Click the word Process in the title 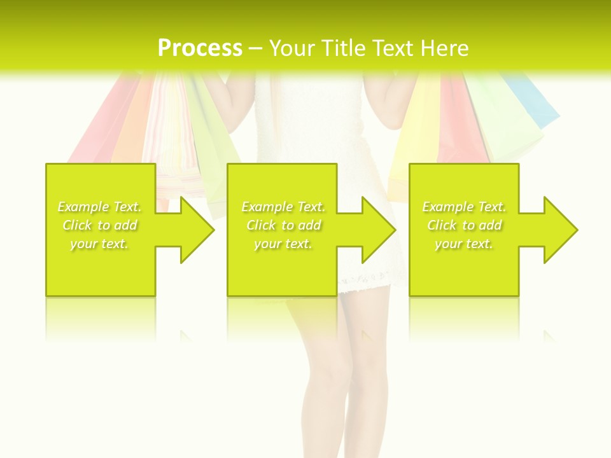200,48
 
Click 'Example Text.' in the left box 100,207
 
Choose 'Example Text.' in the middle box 283,207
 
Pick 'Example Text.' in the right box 464,207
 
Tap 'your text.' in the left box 100,244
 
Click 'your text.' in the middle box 283,244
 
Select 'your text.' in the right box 464,244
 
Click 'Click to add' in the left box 100,225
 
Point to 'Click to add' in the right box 464,225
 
